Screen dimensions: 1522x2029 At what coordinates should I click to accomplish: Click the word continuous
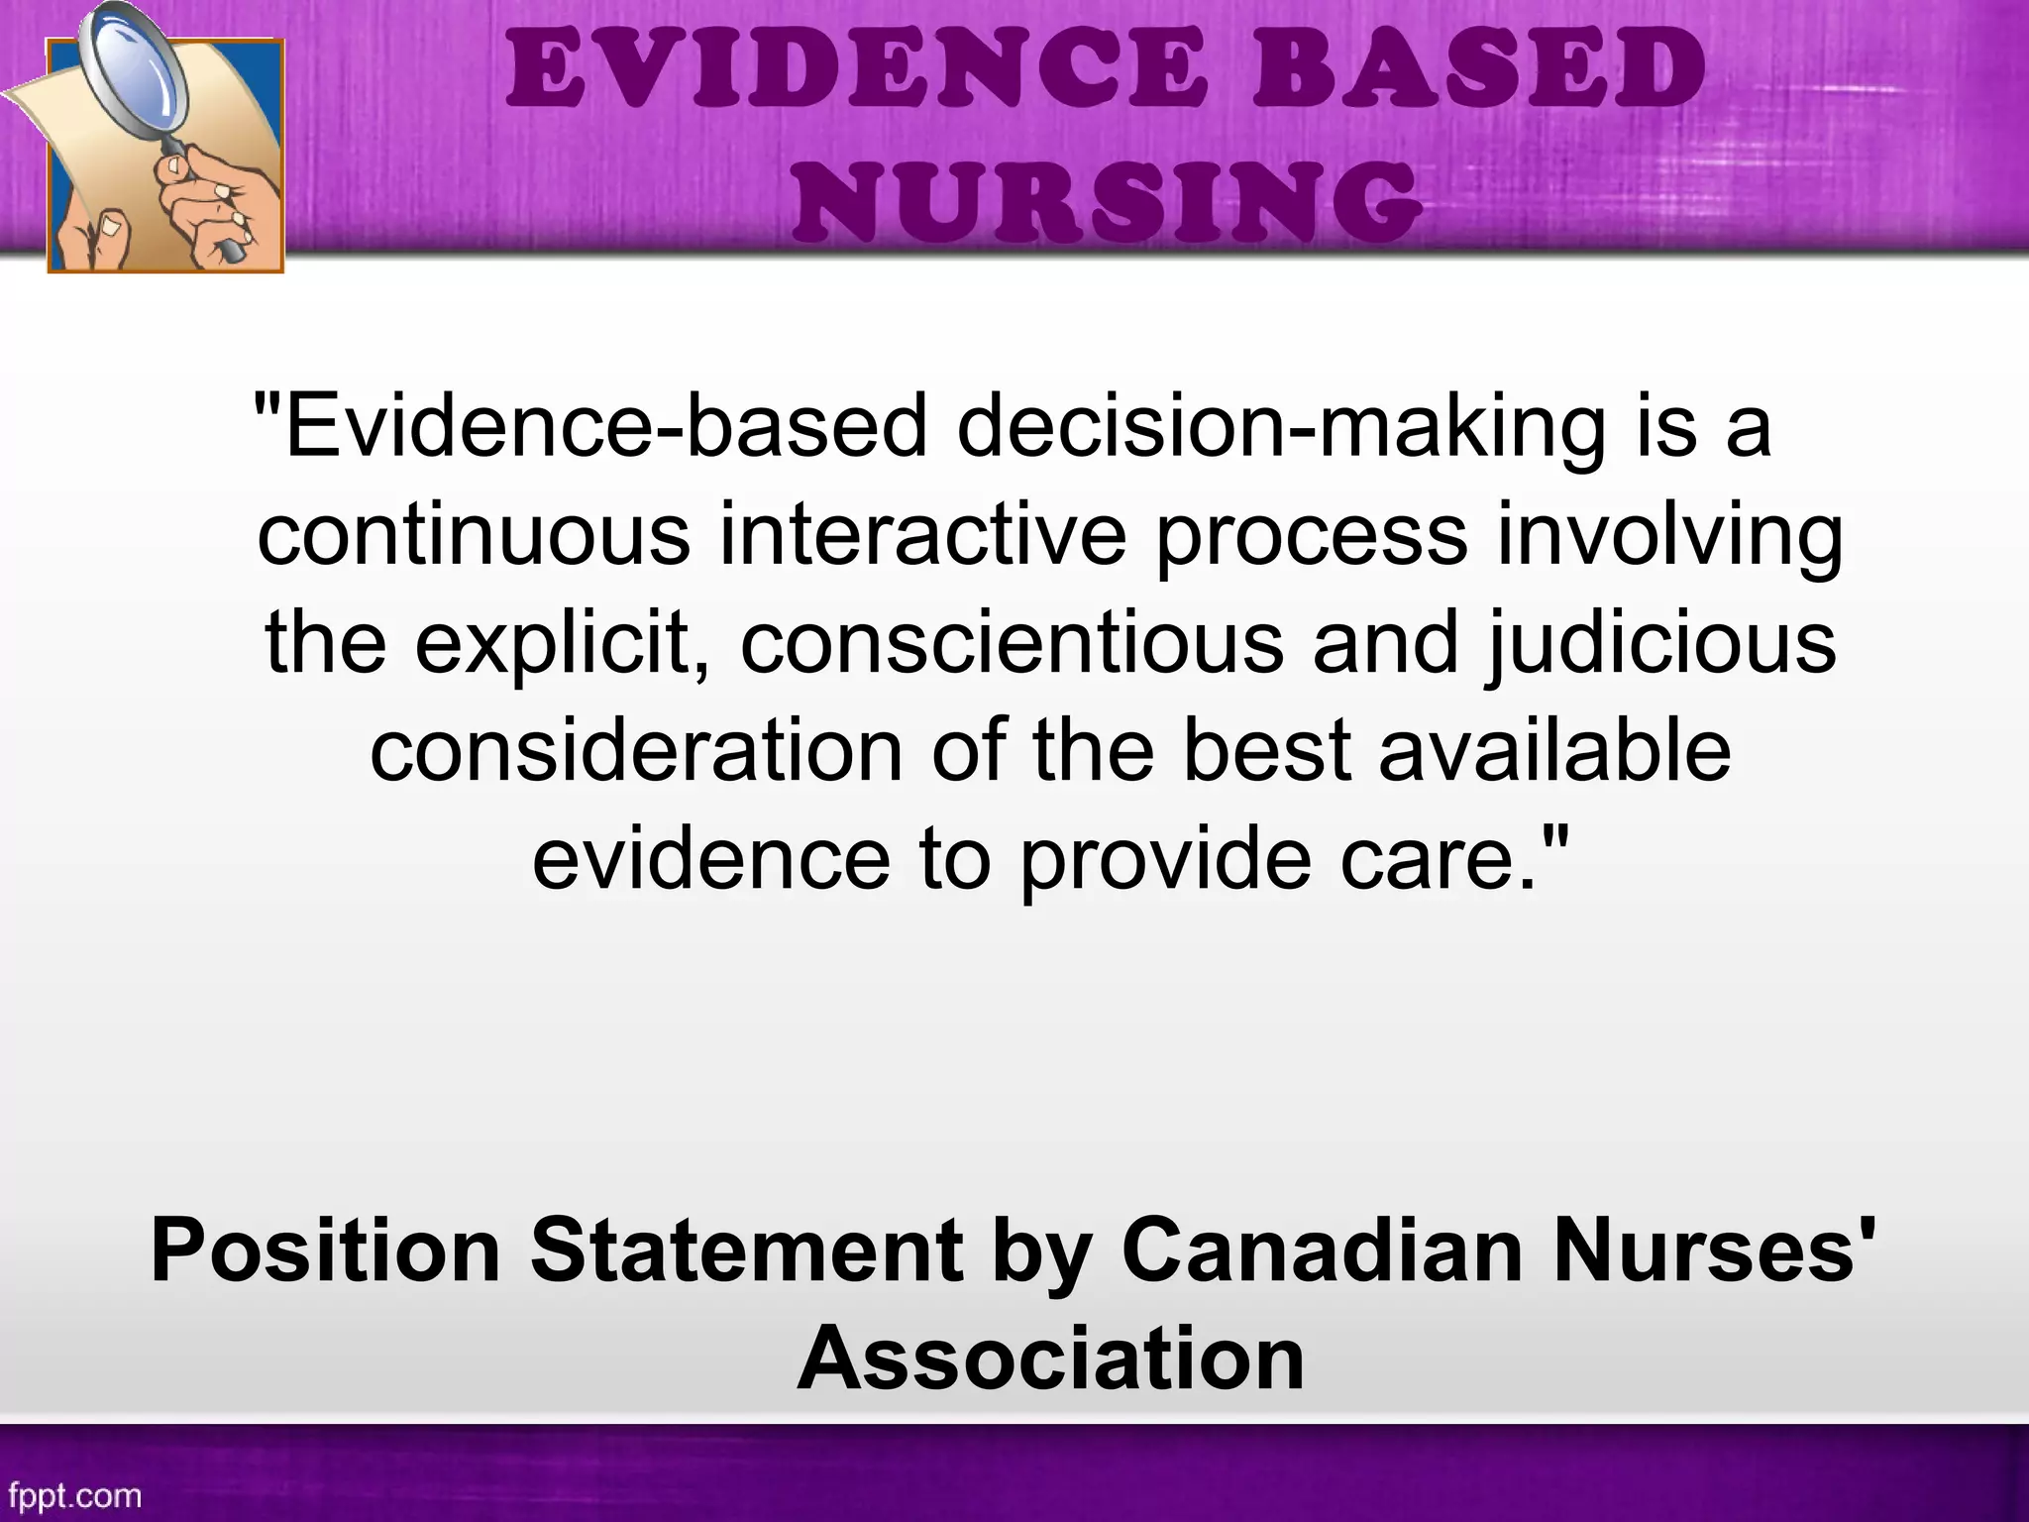pos(474,536)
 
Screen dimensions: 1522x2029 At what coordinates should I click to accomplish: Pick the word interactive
pos(922,536)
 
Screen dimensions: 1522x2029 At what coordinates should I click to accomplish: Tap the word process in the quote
pos(1311,536)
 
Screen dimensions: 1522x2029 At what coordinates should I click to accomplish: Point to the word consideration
pos(636,750)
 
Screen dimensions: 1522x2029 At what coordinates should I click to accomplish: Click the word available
pos(1555,750)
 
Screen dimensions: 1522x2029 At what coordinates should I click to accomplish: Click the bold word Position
pos(325,1250)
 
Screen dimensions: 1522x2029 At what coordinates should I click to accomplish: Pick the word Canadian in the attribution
pos(1322,1250)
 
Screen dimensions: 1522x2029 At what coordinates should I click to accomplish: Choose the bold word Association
pos(1050,1358)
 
